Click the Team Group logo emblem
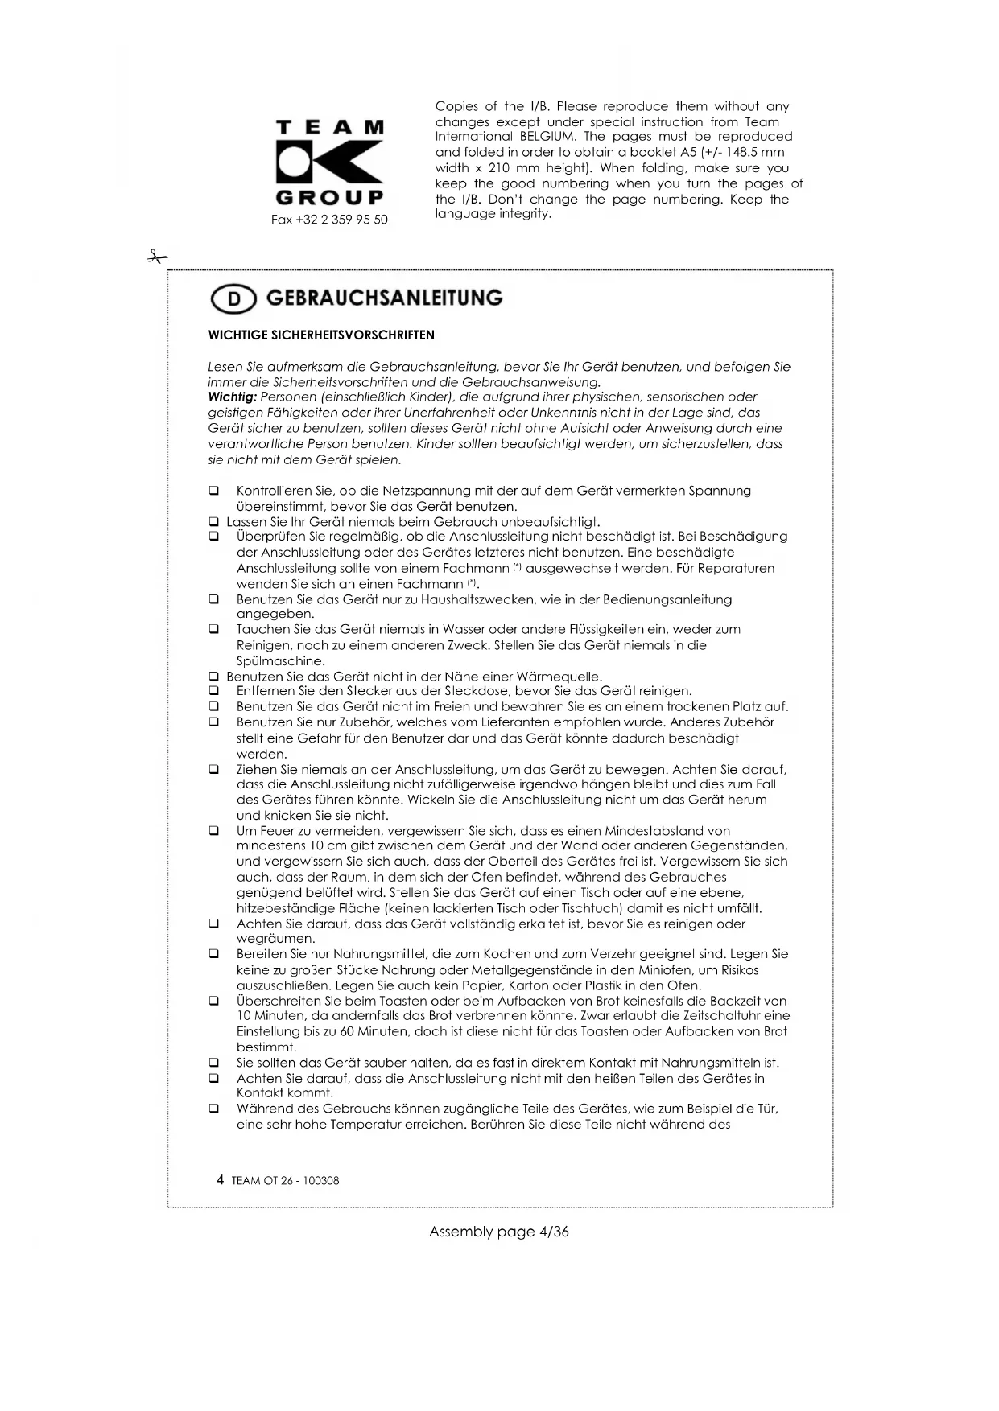[x=329, y=162]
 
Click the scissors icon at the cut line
[x=155, y=257]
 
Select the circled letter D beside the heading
[x=233, y=299]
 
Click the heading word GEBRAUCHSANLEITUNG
[x=384, y=298]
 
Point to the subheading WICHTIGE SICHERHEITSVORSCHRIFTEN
[x=321, y=335]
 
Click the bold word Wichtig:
[x=232, y=397]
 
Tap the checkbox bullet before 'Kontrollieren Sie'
[x=214, y=491]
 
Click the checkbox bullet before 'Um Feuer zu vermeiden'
[x=214, y=831]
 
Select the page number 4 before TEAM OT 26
[x=221, y=1180]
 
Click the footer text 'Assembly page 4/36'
[x=499, y=1232]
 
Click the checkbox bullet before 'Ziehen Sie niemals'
[x=214, y=769]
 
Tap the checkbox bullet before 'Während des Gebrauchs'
[x=214, y=1109]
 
